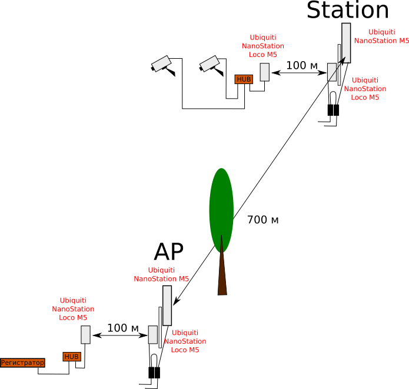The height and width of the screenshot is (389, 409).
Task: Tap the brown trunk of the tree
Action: (222, 276)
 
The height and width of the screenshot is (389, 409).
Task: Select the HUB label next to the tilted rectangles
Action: (244, 79)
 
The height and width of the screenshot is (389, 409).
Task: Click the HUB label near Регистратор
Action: (72, 357)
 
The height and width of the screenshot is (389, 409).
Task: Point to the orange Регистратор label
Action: (22, 363)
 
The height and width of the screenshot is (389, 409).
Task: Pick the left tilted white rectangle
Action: (161, 63)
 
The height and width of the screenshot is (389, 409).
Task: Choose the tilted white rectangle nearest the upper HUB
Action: (210, 63)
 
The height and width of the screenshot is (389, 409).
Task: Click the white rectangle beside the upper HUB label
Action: (265, 72)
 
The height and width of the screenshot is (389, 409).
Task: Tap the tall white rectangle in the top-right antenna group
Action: (346, 42)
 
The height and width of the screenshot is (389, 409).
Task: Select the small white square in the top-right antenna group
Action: (332, 72)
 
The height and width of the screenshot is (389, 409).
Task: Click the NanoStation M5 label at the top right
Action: (381, 36)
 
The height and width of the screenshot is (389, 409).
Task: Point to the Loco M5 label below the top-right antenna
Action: (365, 89)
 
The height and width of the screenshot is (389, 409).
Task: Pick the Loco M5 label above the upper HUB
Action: (263, 46)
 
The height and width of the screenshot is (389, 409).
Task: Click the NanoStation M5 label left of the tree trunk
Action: (161, 274)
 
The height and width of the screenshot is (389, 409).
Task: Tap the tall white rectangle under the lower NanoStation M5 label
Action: (167, 305)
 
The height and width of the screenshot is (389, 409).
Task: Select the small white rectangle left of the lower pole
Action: (153, 334)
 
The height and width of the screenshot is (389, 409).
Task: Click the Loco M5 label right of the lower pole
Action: (185, 341)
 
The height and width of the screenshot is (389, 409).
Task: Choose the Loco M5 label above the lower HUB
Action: (73, 309)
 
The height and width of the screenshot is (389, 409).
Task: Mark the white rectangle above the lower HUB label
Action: (85, 334)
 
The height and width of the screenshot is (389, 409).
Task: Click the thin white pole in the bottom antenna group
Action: (160, 327)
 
